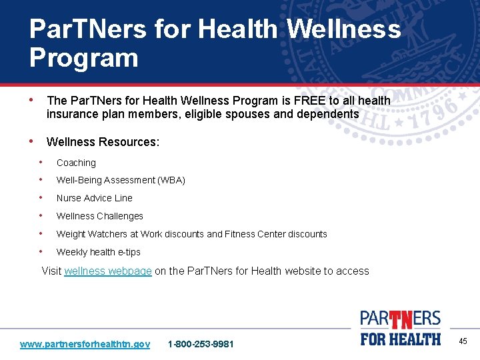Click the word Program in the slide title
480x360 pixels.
83,58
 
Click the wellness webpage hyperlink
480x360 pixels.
108,271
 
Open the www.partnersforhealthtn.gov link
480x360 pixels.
85,344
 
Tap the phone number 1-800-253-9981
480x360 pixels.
201,344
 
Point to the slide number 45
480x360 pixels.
463,341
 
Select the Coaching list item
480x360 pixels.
76,163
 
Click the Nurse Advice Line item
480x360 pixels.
94,198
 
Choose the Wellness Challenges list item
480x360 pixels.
99,216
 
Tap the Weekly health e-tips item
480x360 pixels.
98,252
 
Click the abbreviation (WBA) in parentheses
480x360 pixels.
171,180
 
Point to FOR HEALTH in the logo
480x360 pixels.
400,339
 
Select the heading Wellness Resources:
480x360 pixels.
103,142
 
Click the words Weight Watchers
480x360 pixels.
89,234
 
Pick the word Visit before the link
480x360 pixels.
51,271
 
